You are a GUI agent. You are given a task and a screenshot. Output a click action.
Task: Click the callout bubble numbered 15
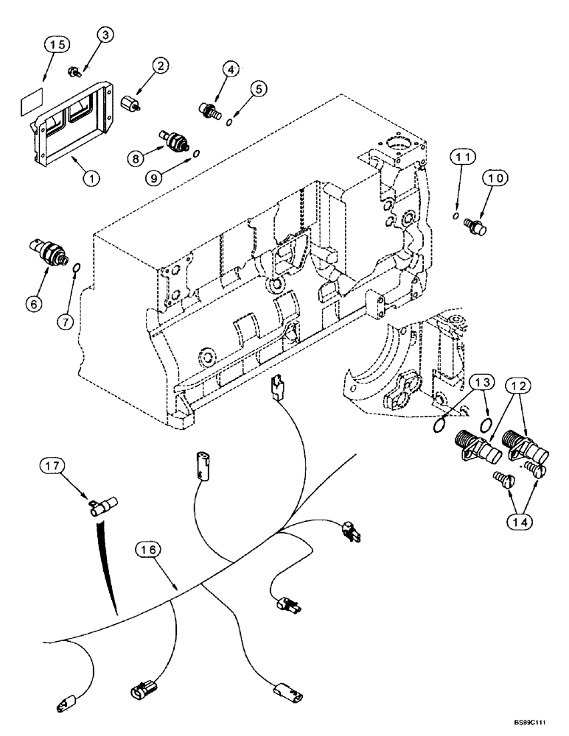coord(57,44)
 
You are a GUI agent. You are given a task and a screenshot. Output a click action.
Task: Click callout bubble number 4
coord(230,71)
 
